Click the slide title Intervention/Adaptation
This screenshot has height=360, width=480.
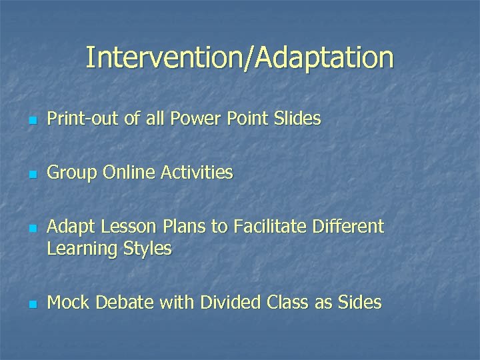pyautogui.click(x=239, y=58)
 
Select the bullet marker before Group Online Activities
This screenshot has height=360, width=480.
pyautogui.click(x=31, y=175)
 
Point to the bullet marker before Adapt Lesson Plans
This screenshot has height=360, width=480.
pyautogui.click(x=31, y=229)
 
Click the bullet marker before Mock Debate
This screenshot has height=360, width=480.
pyautogui.click(x=31, y=305)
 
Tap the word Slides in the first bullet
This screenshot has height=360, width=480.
pyautogui.click(x=297, y=119)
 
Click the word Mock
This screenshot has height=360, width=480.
pyautogui.click(x=69, y=303)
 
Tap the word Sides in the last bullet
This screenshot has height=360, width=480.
pyautogui.click(x=359, y=303)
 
